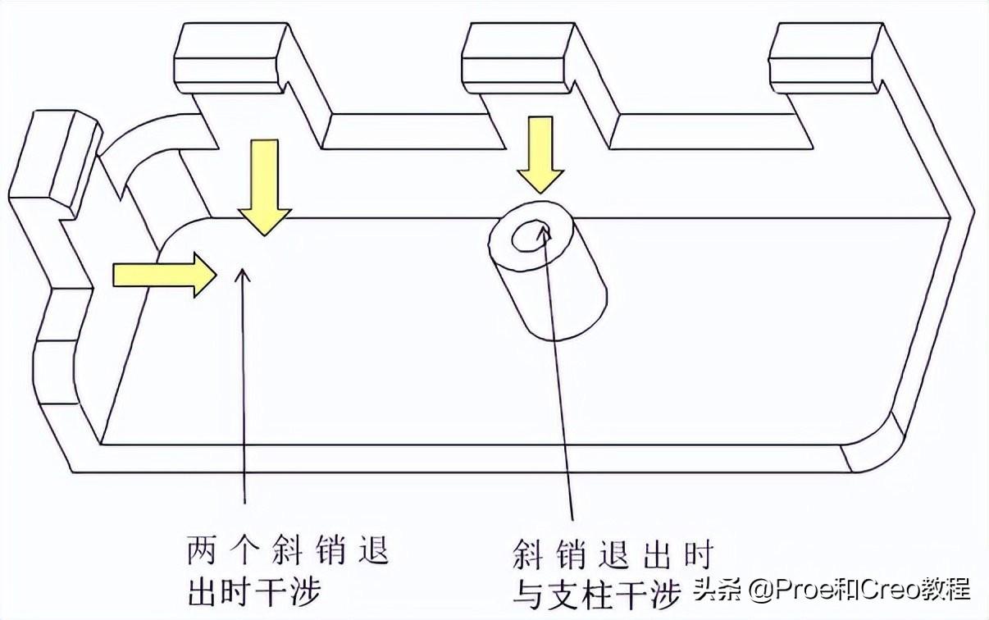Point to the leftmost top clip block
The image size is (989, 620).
point(230,57)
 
